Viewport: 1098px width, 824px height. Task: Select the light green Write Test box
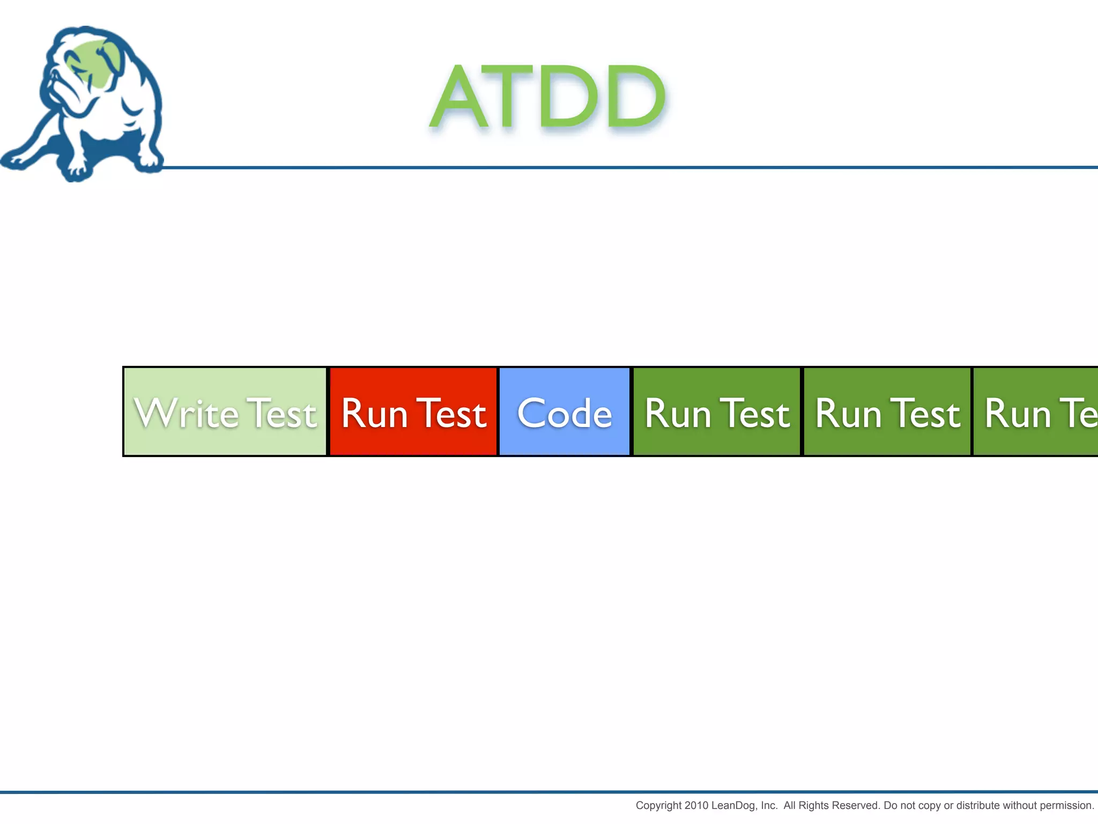[x=225, y=412]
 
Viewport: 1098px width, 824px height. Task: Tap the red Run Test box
[x=413, y=412]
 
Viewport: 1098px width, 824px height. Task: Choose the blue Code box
[x=564, y=412]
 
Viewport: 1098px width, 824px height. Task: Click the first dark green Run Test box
[x=717, y=412]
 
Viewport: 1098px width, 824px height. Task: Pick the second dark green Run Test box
[x=887, y=412]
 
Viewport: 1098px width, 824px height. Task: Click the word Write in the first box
[x=186, y=414]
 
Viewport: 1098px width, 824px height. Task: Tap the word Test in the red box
[x=451, y=414]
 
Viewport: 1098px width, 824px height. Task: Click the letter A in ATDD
[x=460, y=98]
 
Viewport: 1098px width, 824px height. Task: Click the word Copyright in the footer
[x=658, y=806]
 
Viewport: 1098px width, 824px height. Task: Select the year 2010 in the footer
[x=696, y=806]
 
